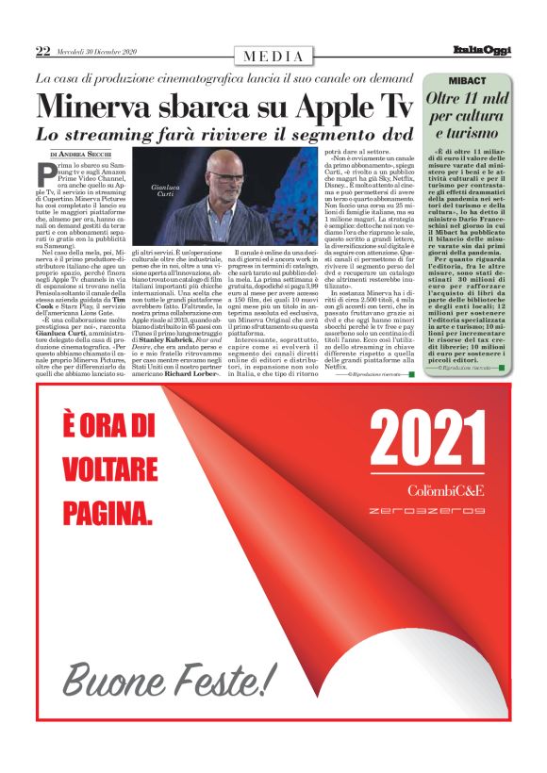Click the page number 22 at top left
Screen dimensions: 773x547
coord(42,52)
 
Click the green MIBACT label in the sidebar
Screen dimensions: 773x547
coord(468,81)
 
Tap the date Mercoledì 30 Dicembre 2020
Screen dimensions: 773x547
coord(97,52)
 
